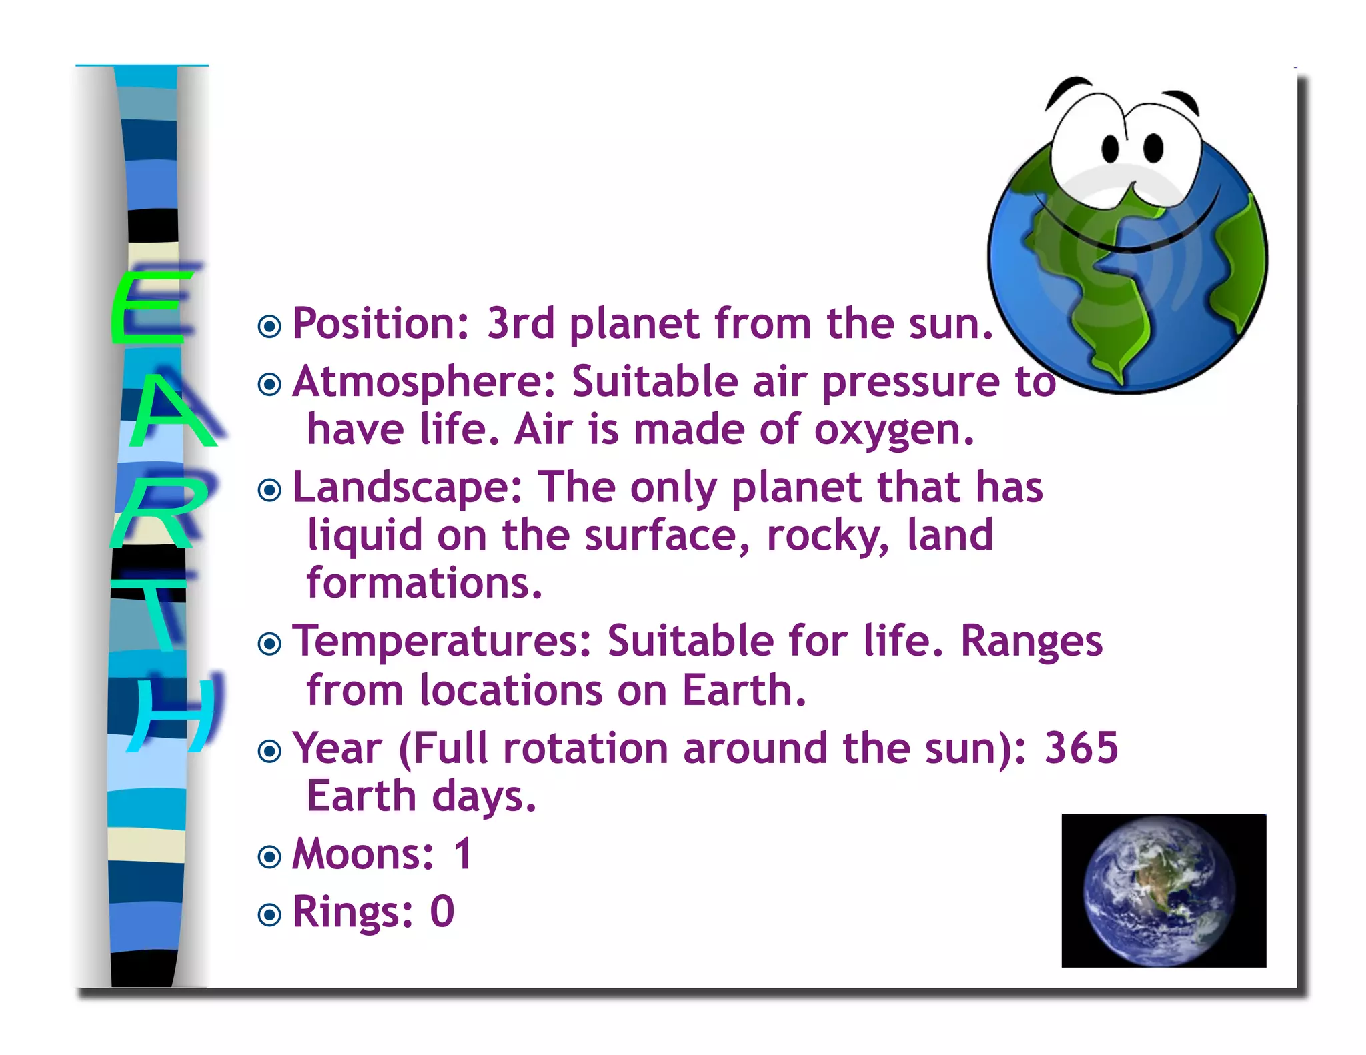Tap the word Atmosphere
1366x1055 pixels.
tap(424, 382)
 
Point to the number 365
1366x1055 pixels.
tap(1081, 748)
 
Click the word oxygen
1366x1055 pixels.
tap(894, 430)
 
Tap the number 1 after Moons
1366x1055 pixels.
tap(463, 854)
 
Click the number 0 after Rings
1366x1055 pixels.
tap(442, 912)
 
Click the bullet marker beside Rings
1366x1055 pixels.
tap(269, 914)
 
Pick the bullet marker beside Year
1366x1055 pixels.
tap(269, 751)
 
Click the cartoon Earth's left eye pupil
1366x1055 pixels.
tap(1110, 148)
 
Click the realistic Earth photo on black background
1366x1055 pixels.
tap(1163, 890)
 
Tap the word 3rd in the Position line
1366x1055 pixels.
tap(520, 324)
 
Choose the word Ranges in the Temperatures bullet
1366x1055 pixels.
tap(1031, 642)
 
